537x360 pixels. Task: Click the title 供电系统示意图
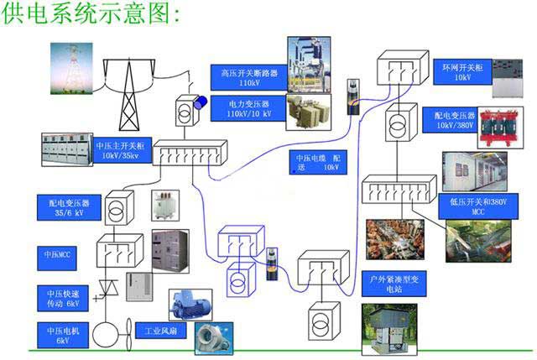(92, 14)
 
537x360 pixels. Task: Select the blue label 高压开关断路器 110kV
(248, 77)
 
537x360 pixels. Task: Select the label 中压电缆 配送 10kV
(316, 161)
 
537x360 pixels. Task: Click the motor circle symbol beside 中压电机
(107, 334)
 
